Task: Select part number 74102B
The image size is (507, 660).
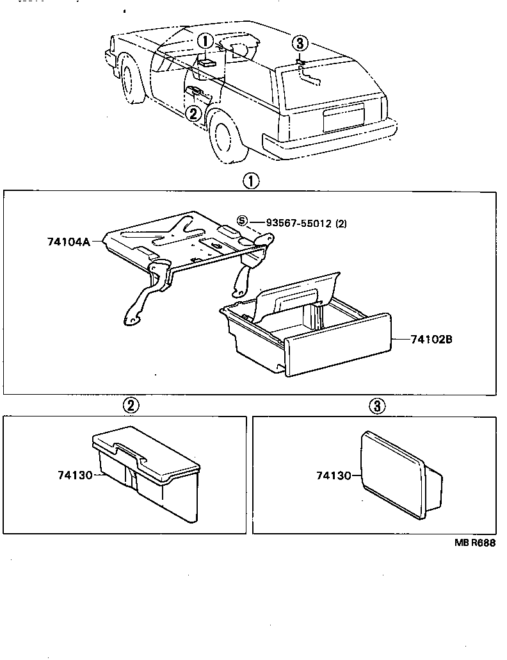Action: [x=431, y=339]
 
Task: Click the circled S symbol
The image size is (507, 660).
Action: [x=242, y=221]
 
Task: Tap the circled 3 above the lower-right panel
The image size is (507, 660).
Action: [x=377, y=405]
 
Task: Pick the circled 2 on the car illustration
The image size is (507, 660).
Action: [x=193, y=113]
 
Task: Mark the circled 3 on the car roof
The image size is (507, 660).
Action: [x=300, y=44]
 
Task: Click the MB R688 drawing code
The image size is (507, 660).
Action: [x=475, y=543]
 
